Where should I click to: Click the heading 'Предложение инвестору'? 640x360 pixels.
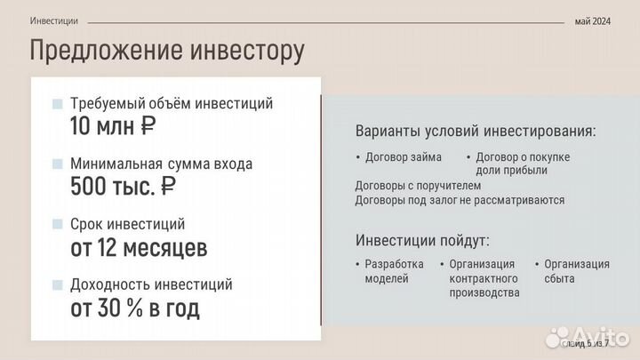point(167,51)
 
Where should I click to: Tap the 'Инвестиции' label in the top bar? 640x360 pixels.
point(53,20)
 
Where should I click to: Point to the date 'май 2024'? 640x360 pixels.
point(593,20)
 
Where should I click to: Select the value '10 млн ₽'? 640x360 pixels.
point(113,126)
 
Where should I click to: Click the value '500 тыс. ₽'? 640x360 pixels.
point(123,187)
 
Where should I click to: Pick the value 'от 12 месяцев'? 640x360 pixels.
point(139,247)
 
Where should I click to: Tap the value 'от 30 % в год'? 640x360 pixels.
point(135,308)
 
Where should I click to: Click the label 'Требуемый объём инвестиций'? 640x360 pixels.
point(172,104)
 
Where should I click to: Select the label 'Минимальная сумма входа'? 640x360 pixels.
point(161,164)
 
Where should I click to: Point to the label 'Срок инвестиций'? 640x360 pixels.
point(128,224)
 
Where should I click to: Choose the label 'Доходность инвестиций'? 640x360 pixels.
point(151,285)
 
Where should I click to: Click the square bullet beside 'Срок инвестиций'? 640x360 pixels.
point(58,225)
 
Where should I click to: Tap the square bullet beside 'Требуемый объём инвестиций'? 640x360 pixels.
point(58,104)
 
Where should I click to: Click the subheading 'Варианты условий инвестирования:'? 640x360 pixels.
point(476,132)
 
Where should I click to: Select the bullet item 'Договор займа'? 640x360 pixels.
point(404,157)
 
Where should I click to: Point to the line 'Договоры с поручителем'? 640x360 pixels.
point(418,186)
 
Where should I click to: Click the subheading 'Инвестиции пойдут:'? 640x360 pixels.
point(422,241)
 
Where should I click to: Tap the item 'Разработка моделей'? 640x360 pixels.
point(394,271)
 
